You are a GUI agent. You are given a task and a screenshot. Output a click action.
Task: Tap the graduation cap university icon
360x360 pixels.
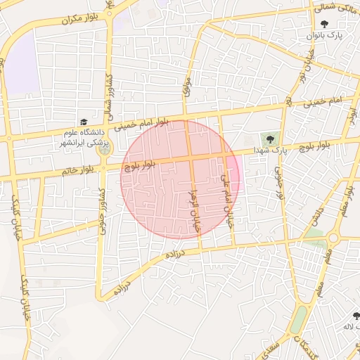click(84, 122)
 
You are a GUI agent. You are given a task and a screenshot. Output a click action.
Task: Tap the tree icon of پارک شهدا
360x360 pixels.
click(270, 138)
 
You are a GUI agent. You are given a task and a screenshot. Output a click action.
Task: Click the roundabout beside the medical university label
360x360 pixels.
click(104, 150)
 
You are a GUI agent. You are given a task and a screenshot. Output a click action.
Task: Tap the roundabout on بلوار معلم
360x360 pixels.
click(334, 238)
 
